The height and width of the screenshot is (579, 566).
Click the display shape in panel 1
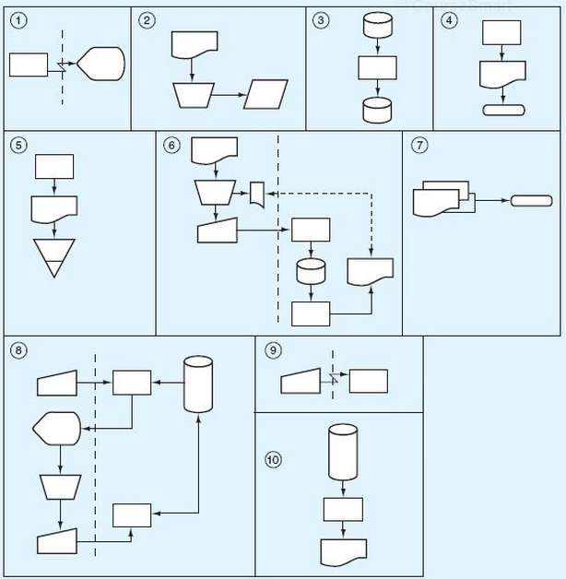[100, 65]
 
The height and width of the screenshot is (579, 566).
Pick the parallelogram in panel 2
[265, 95]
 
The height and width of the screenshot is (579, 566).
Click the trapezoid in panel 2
[194, 94]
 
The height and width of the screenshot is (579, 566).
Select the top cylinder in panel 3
[378, 26]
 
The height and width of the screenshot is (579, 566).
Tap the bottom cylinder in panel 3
[378, 110]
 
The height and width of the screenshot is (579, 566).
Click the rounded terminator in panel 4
[503, 111]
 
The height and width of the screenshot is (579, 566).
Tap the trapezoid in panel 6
[217, 192]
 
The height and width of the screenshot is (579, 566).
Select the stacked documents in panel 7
[441, 198]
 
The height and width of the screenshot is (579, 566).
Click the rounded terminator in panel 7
[532, 201]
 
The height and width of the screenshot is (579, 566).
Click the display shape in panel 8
[57, 428]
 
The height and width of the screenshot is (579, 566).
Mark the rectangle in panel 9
[368, 381]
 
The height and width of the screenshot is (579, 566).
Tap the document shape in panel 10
[343, 551]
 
